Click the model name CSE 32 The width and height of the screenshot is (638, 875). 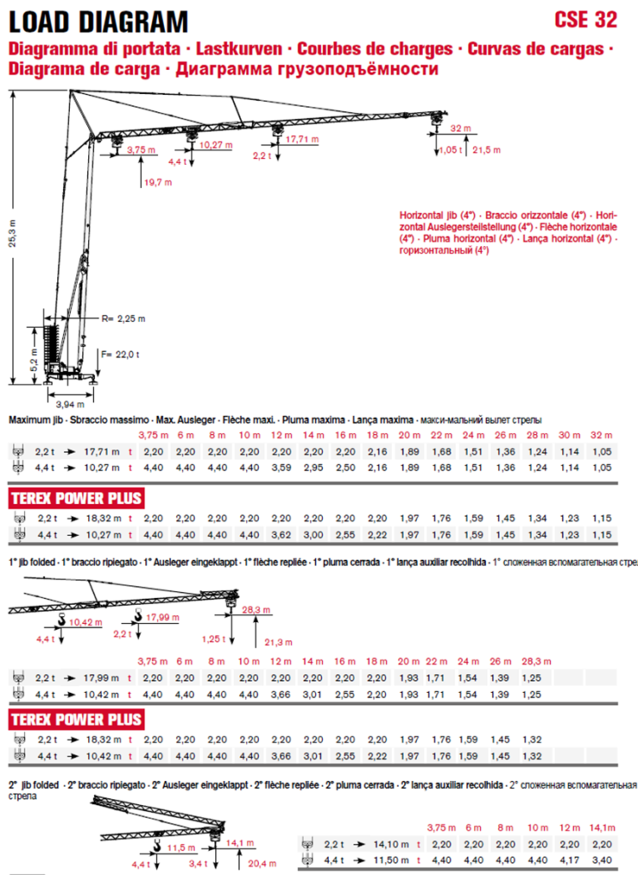585,19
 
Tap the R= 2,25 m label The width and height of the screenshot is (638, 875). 123,319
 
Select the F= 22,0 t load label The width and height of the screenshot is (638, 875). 120,353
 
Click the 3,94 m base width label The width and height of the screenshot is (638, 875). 70,403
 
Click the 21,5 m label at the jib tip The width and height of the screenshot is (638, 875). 486,150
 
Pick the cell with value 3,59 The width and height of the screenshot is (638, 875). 282,468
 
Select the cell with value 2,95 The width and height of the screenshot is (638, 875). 313,468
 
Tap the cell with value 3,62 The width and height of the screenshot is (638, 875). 282,534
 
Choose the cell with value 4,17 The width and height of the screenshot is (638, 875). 571,860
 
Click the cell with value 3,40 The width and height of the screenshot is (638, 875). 602,860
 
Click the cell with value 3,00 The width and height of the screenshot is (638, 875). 313,534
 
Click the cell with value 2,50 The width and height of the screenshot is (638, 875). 345,468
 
